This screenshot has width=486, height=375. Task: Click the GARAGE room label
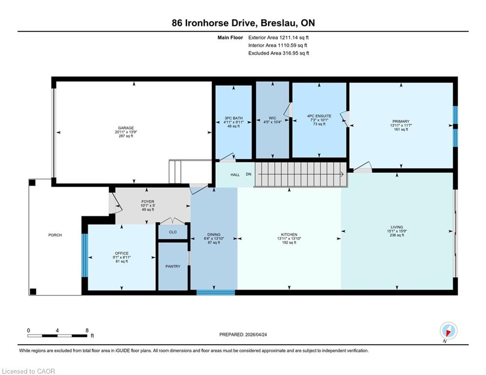click(126, 128)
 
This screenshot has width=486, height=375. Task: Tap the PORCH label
click(55, 235)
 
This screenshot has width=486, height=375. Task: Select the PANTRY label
click(172, 266)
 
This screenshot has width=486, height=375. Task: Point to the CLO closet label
click(172, 232)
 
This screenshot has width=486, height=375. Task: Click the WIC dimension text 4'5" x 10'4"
click(273, 122)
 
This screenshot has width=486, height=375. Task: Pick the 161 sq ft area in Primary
click(401, 129)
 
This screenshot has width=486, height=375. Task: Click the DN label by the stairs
click(249, 174)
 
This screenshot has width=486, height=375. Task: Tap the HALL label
click(235, 174)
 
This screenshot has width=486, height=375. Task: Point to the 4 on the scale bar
click(57, 331)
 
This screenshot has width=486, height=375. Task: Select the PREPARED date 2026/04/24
click(256, 334)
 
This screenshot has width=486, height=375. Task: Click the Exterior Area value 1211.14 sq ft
click(294, 38)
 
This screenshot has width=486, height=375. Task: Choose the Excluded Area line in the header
click(278, 53)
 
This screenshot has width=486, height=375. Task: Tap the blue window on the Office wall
click(85, 255)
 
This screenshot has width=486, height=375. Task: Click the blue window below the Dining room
click(216, 292)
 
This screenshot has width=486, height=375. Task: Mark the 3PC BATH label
click(233, 118)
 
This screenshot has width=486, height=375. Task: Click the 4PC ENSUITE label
click(319, 116)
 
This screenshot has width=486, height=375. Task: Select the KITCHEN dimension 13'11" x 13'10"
click(289, 239)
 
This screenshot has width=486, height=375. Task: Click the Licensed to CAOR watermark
click(28, 371)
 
